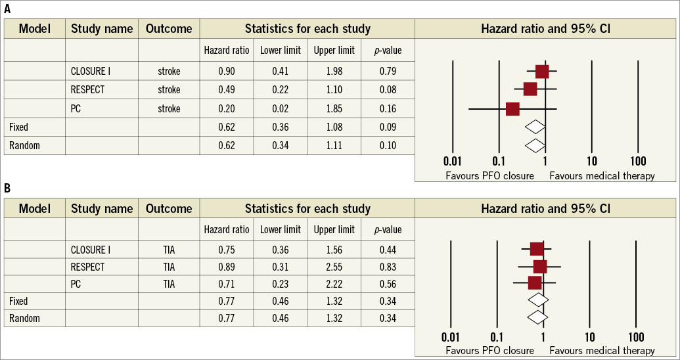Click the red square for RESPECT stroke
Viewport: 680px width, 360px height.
pyautogui.click(x=530, y=89)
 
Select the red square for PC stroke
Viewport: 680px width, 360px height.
pyautogui.click(x=512, y=108)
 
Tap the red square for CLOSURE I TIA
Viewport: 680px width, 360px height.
pyautogui.click(x=536, y=248)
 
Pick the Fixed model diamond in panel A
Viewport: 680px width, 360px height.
pyautogui.click(x=535, y=126)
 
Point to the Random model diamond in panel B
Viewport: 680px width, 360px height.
pyautogui.click(x=538, y=317)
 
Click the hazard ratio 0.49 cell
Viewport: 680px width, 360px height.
pyautogui.click(x=227, y=89)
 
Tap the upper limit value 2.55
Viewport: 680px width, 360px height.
pyautogui.click(x=334, y=267)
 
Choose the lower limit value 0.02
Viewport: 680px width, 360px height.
pyautogui.click(x=280, y=108)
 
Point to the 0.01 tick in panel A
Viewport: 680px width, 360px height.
pyautogui.click(x=452, y=161)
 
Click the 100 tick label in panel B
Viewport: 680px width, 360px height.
pyautogui.click(x=635, y=337)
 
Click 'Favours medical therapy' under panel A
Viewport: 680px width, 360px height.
pyautogui.click(x=602, y=175)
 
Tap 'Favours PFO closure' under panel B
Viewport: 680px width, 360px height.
pyautogui.click(x=489, y=351)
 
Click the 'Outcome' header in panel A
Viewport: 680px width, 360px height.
pyautogui.click(x=169, y=29)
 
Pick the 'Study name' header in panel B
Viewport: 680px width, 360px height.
pyautogui.click(x=102, y=209)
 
